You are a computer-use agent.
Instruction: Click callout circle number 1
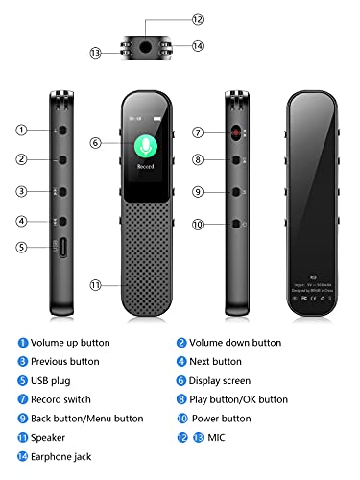[x=21, y=129]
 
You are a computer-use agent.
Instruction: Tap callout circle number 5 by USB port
[x=21, y=248]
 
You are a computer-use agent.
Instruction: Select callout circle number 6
[x=95, y=142]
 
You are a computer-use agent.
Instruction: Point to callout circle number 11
[x=95, y=285]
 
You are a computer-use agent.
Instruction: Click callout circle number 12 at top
[x=198, y=19]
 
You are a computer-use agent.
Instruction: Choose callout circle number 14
[x=198, y=45]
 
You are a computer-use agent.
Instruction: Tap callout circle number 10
[x=198, y=226]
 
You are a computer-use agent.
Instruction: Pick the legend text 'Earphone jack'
[x=64, y=458]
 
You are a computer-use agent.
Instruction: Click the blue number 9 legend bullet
[x=22, y=420]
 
